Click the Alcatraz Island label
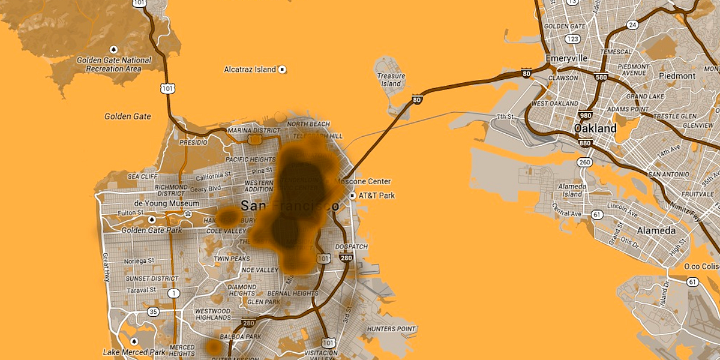click(250, 70)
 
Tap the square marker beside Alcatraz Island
click(282, 70)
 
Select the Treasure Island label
click(391, 80)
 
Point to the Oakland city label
click(595, 128)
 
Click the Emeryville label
click(566, 58)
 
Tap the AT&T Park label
click(377, 196)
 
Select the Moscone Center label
click(362, 181)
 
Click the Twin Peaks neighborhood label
click(232, 259)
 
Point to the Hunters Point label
click(391, 329)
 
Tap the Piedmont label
click(677, 76)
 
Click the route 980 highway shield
click(586, 115)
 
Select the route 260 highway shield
click(585, 162)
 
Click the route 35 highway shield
click(154, 312)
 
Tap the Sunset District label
click(152, 278)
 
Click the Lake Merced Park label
click(133, 352)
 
